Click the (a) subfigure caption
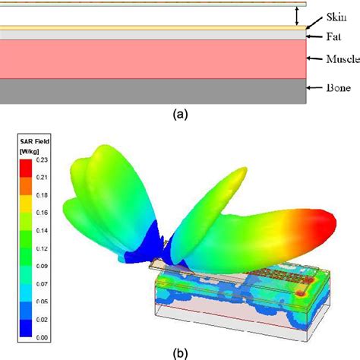(180, 114)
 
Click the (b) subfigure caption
(180, 352)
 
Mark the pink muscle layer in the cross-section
(152, 58)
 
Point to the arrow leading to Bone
(313, 89)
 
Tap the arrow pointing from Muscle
(314, 58)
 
